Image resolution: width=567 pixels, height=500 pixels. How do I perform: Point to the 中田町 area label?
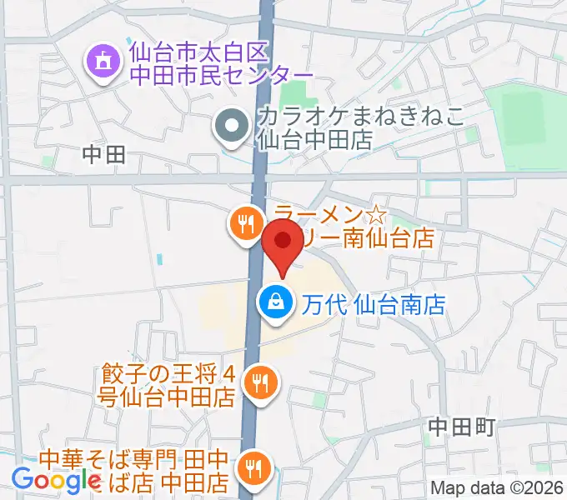pos(461,427)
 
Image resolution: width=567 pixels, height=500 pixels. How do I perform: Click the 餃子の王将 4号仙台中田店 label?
pos(169,383)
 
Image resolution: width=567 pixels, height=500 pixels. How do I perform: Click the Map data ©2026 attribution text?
pos(498,489)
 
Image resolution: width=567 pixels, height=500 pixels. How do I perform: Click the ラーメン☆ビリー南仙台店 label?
pos(354,226)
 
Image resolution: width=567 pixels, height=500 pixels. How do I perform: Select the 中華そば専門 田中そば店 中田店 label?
pos(138,469)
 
